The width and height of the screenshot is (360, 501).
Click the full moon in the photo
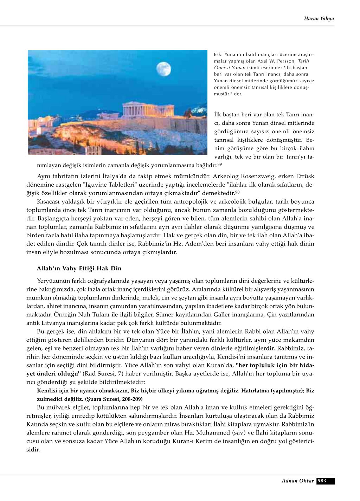pyautogui.click(x=163, y=69)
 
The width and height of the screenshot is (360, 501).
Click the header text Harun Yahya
pyautogui.click(x=319, y=19)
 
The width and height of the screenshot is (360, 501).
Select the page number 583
pyautogui.click(x=322, y=481)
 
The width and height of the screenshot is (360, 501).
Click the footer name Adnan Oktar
pyautogui.click(x=297, y=481)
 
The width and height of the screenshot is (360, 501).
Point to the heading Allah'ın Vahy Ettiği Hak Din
pyautogui.click(x=79, y=269)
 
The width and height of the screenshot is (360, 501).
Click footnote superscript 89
pyautogui.click(x=219, y=164)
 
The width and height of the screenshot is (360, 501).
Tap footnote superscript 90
pyautogui.click(x=237, y=192)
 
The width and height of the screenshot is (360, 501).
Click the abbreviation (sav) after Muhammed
pyautogui.click(x=239, y=433)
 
